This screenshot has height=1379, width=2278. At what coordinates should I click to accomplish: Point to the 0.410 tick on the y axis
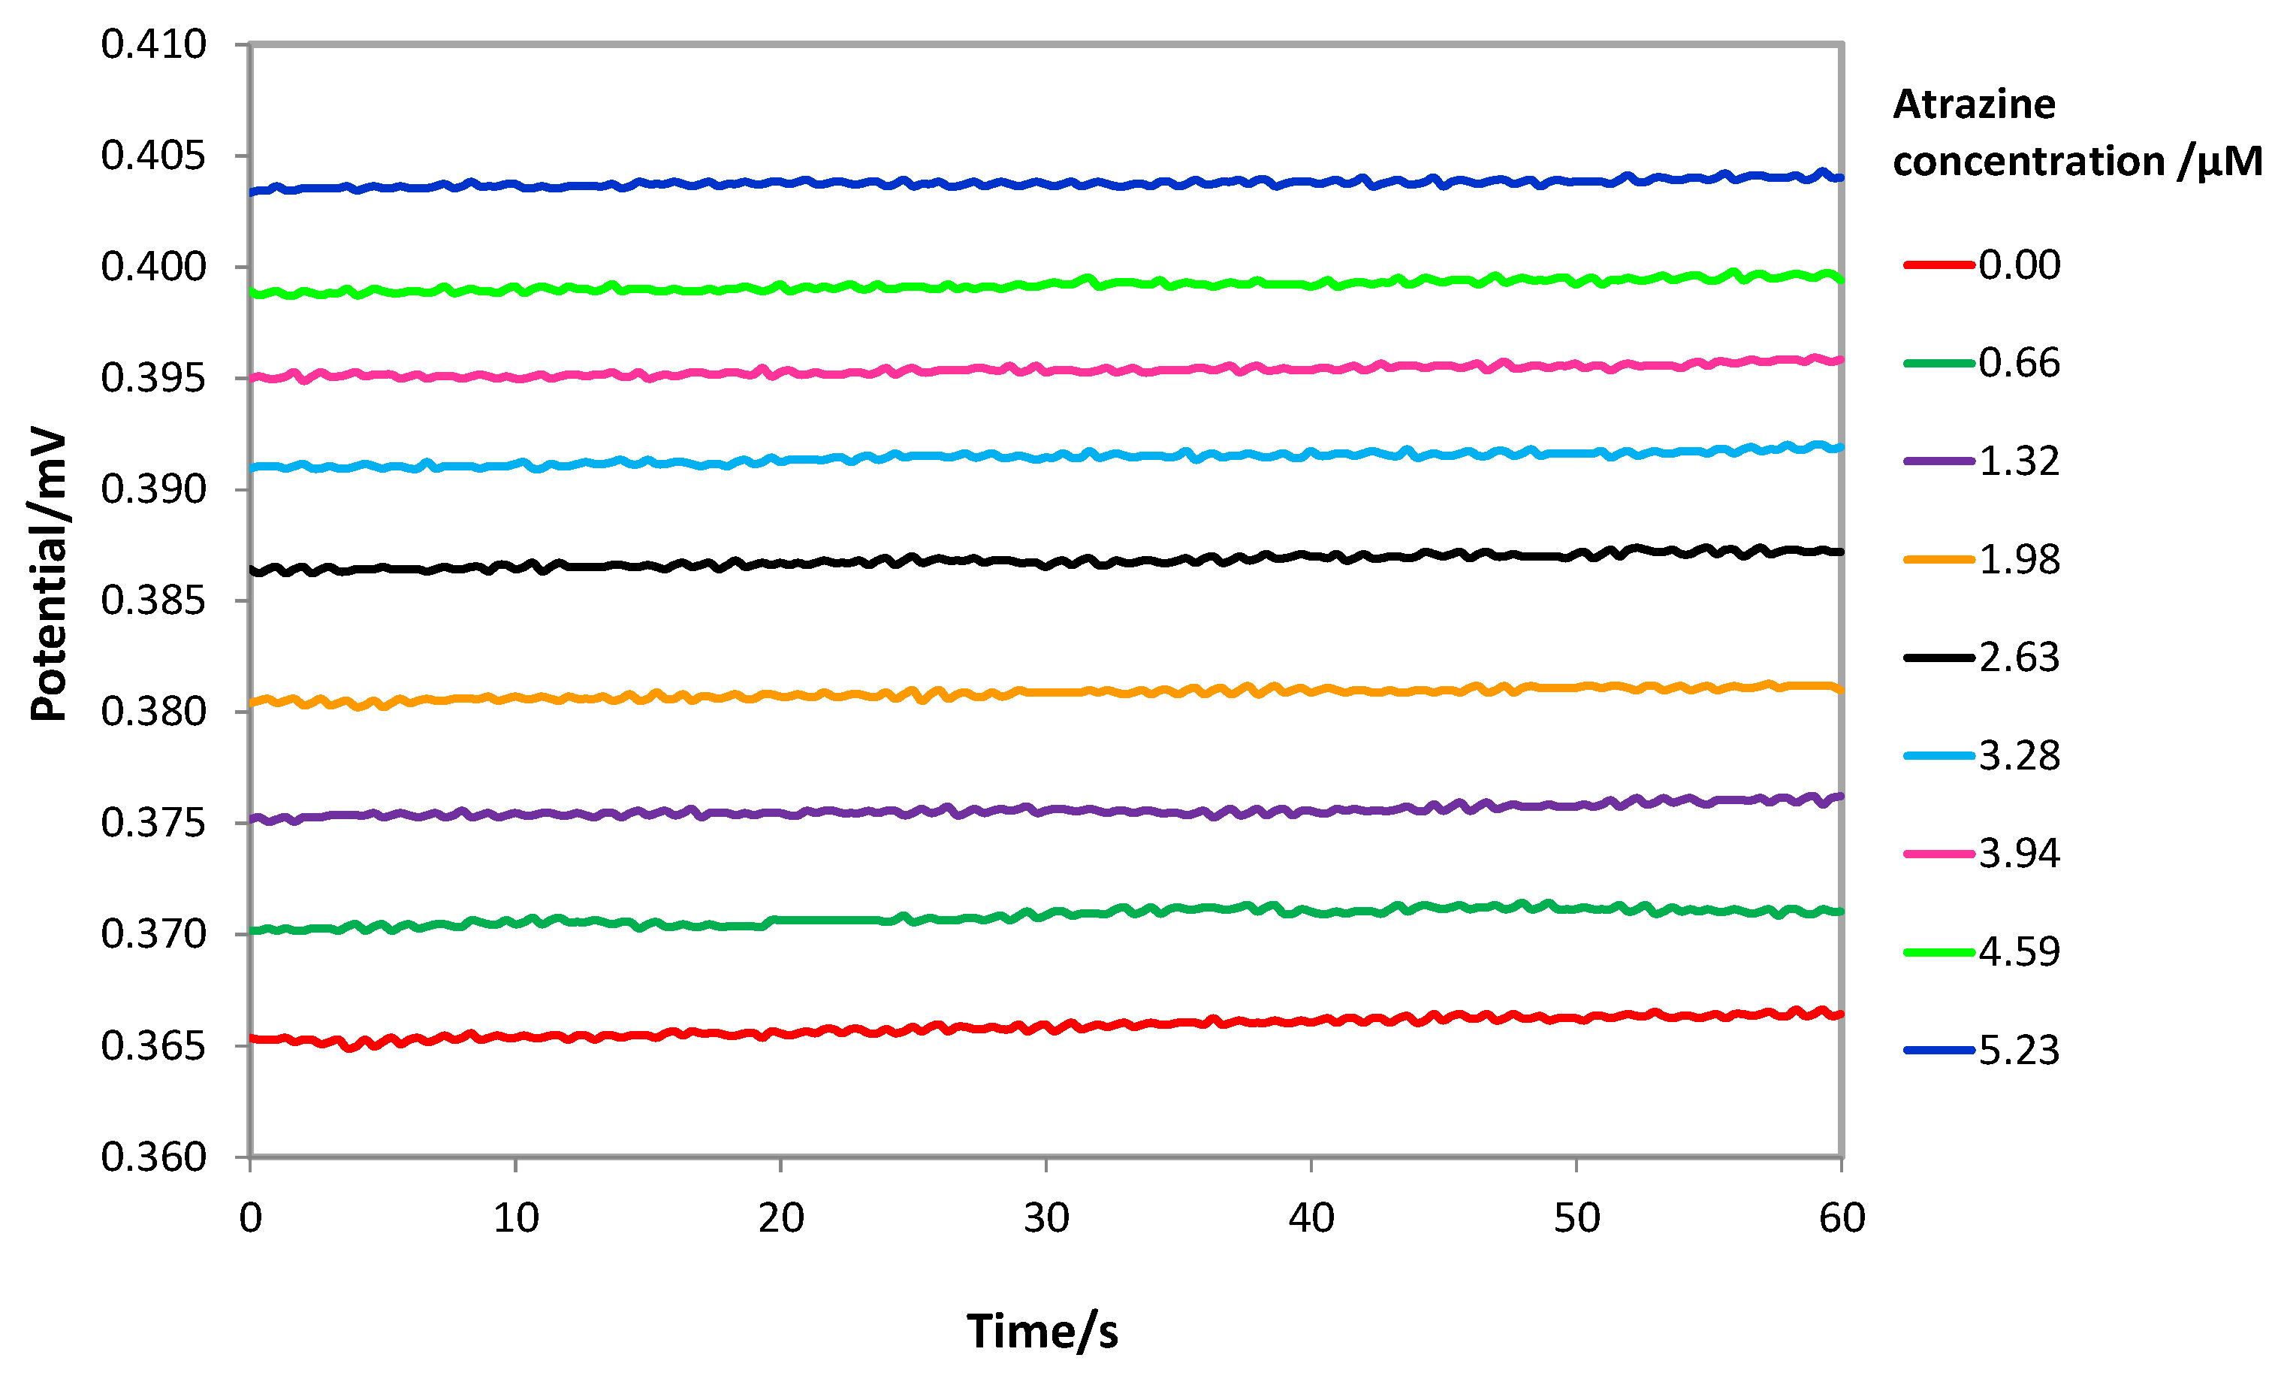153,44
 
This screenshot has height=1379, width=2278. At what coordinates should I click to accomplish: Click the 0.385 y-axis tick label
153,601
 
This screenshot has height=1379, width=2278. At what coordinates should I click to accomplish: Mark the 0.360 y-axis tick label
153,1157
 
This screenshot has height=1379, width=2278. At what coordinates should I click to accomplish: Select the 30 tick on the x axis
1045,1218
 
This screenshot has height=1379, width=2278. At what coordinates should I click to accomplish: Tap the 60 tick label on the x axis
1842,1218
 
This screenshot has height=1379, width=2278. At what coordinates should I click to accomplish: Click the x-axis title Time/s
1042,1332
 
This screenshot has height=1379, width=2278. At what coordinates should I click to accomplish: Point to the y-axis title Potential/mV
48,574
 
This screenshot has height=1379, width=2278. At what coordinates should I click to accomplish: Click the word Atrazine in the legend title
1974,104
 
